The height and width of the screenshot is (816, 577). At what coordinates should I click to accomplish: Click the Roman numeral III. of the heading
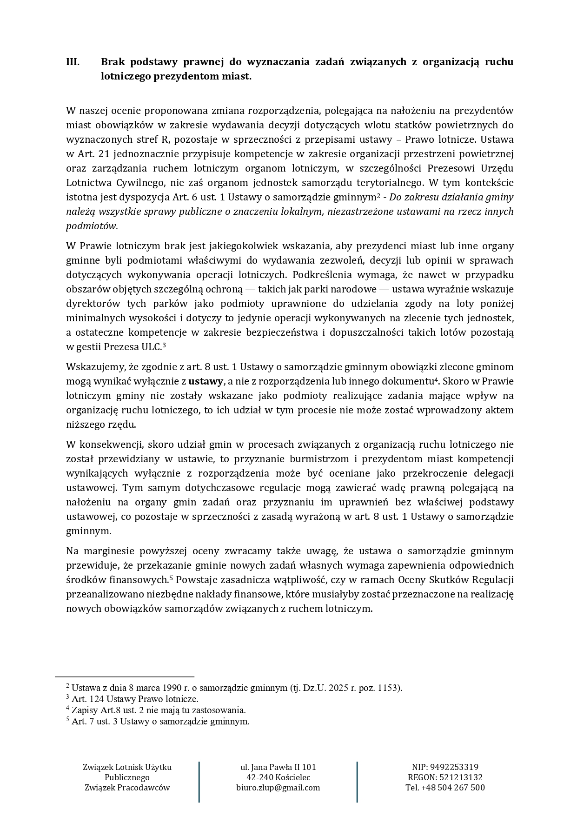click(73, 62)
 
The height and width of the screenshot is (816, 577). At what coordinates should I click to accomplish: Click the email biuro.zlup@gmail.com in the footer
click(278, 787)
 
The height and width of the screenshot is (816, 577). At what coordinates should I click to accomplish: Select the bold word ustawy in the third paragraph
click(205, 381)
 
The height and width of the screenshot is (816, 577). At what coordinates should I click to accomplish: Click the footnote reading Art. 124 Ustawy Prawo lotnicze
click(135, 699)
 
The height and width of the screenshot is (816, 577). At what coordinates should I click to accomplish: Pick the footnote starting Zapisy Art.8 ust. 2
click(159, 710)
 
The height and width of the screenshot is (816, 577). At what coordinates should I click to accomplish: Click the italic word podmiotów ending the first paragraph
click(92, 226)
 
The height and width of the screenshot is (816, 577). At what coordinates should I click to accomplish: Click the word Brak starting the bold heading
click(113, 62)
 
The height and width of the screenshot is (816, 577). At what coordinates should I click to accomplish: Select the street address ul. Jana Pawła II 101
click(278, 767)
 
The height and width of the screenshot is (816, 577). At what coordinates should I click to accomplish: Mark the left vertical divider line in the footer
click(199, 782)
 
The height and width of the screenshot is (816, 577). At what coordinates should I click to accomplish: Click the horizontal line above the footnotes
click(124, 677)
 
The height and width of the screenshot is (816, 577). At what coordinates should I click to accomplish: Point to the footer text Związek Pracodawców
click(127, 787)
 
